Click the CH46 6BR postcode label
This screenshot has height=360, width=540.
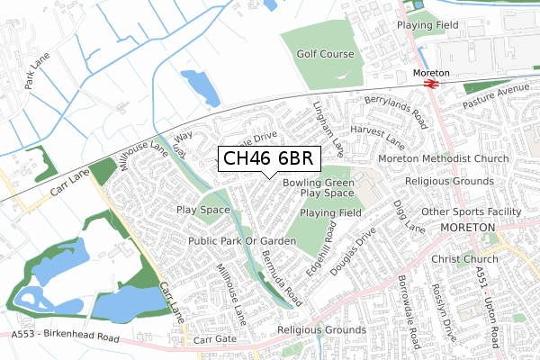click(x=267, y=158)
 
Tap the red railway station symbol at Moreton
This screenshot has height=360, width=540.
click(x=432, y=84)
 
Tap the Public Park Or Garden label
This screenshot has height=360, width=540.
click(x=242, y=242)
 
